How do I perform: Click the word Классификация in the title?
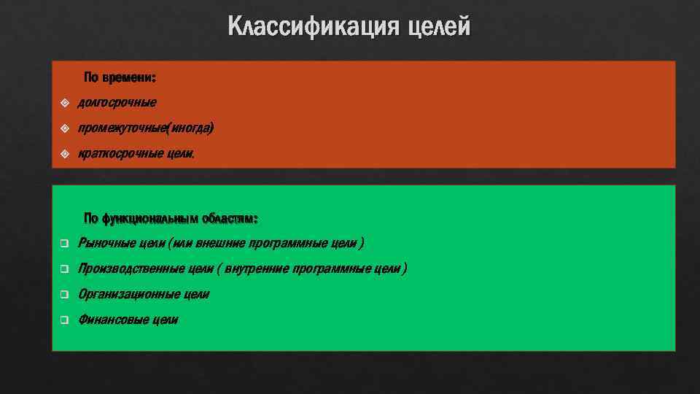pyautogui.click(x=313, y=27)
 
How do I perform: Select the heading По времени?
pyautogui.click(x=120, y=77)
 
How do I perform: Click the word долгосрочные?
pyautogui.click(x=117, y=103)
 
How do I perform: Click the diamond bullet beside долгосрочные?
pyautogui.click(x=65, y=103)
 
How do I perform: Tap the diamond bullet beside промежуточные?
pyautogui.click(x=65, y=128)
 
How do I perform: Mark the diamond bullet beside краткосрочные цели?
pyautogui.click(x=65, y=154)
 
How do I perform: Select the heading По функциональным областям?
pyautogui.click(x=171, y=218)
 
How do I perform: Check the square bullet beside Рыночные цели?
pyautogui.click(x=64, y=244)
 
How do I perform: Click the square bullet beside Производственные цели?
pyautogui.click(x=64, y=269)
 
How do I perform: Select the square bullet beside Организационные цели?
pyautogui.click(x=64, y=295)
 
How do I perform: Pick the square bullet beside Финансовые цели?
pyautogui.click(x=64, y=320)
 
